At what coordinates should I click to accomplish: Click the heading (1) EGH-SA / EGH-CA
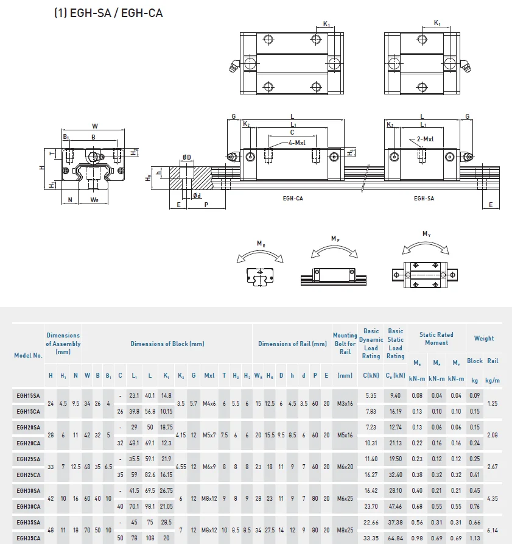pos(108,13)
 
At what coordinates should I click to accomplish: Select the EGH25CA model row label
pos(29,475)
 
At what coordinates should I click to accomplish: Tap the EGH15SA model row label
pos(29,395)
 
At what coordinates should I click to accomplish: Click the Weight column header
pos(484,338)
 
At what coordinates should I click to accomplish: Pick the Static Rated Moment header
pos(437,339)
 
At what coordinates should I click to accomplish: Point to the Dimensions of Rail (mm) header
pos(292,344)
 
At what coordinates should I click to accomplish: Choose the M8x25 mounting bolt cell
pos(345,530)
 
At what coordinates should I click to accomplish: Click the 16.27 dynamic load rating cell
pos(371,475)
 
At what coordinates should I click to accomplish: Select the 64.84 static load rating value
pos(396,538)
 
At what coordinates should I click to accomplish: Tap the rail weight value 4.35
pos(493,498)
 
